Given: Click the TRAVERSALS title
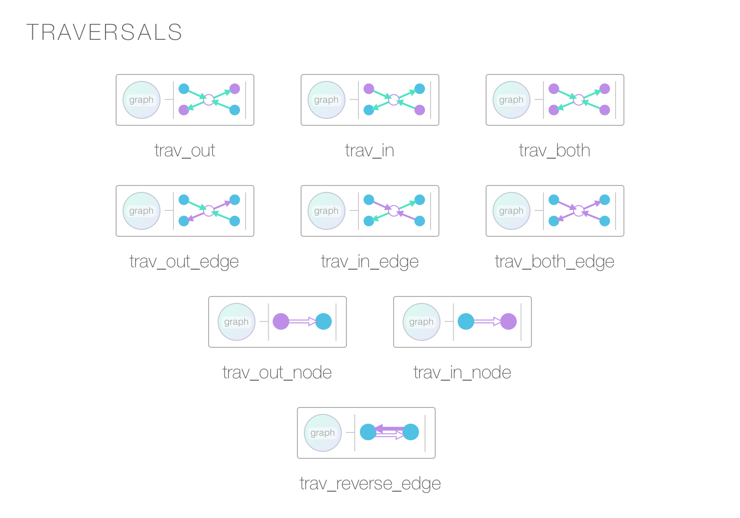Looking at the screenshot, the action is pyautogui.click(x=104, y=32).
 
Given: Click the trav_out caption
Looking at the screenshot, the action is pyautogui.click(x=185, y=150).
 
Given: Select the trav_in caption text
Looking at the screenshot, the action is pyautogui.click(x=370, y=150).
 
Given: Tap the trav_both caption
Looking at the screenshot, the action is pyautogui.click(x=555, y=150).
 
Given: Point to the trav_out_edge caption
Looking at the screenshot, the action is pyautogui.click(x=184, y=262).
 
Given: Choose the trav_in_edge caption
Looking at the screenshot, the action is pyautogui.click(x=370, y=262).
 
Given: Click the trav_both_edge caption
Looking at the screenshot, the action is pyautogui.click(x=555, y=262).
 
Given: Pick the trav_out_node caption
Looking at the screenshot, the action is pyautogui.click(x=277, y=372).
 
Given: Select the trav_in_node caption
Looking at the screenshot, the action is pyautogui.click(x=462, y=372).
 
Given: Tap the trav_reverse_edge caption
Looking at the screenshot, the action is pyautogui.click(x=370, y=484).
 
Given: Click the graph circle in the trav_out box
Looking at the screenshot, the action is pyautogui.click(x=142, y=100).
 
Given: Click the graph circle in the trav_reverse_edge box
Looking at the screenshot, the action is pyautogui.click(x=323, y=433).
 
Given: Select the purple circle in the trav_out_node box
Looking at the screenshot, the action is pyautogui.click(x=281, y=321).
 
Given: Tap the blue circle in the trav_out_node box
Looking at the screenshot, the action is pyautogui.click(x=323, y=321).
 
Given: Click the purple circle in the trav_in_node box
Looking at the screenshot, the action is pyautogui.click(x=508, y=321).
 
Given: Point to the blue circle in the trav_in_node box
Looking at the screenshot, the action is pyautogui.click(x=466, y=321).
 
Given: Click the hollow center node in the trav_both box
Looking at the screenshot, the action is pyautogui.click(x=579, y=99).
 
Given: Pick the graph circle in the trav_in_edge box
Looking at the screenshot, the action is pyautogui.click(x=327, y=211).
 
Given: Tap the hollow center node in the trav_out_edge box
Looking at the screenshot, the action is pyautogui.click(x=209, y=210).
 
